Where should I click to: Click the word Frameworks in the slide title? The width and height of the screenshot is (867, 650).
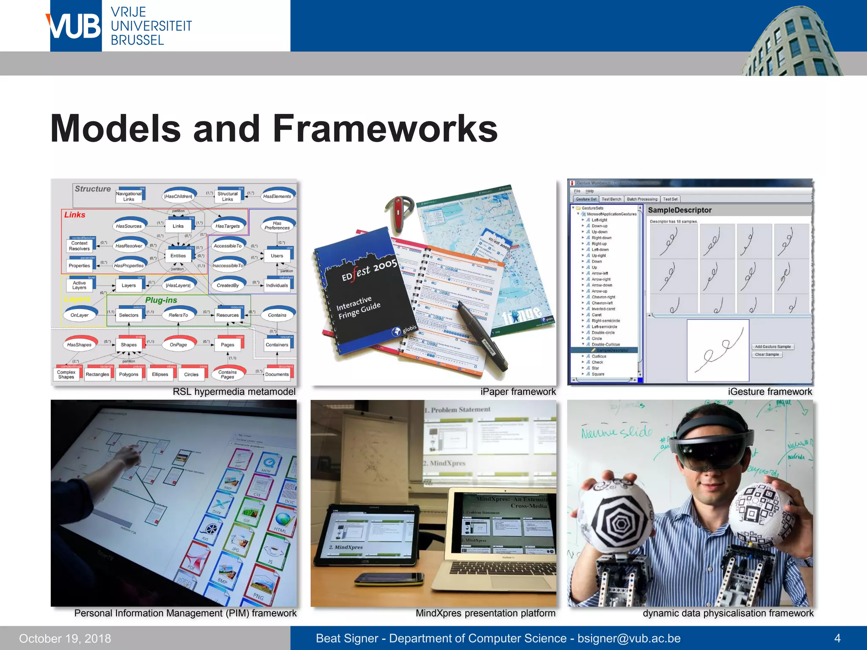pos(385,129)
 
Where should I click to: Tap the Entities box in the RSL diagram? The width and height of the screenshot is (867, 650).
pos(178,256)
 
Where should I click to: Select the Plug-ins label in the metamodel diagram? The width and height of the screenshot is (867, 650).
pos(161,300)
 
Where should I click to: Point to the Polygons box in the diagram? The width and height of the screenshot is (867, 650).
pos(129,375)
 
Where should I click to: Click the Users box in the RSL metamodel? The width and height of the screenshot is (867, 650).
pos(277,256)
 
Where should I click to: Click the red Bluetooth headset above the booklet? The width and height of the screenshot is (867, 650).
pos(398,214)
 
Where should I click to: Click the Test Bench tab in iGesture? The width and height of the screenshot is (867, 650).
pos(611,199)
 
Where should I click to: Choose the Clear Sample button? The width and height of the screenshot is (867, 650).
pos(767,355)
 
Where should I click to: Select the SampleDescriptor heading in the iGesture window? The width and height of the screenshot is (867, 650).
pos(679,210)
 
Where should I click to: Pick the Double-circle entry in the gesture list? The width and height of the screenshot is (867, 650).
pos(603,333)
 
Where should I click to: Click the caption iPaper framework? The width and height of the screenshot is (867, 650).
pos(518,392)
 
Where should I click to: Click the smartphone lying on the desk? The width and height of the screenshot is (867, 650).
pos(389,578)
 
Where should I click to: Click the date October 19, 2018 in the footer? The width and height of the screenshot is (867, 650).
pos(65,638)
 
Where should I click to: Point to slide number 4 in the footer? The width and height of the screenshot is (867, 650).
pos(837,638)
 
